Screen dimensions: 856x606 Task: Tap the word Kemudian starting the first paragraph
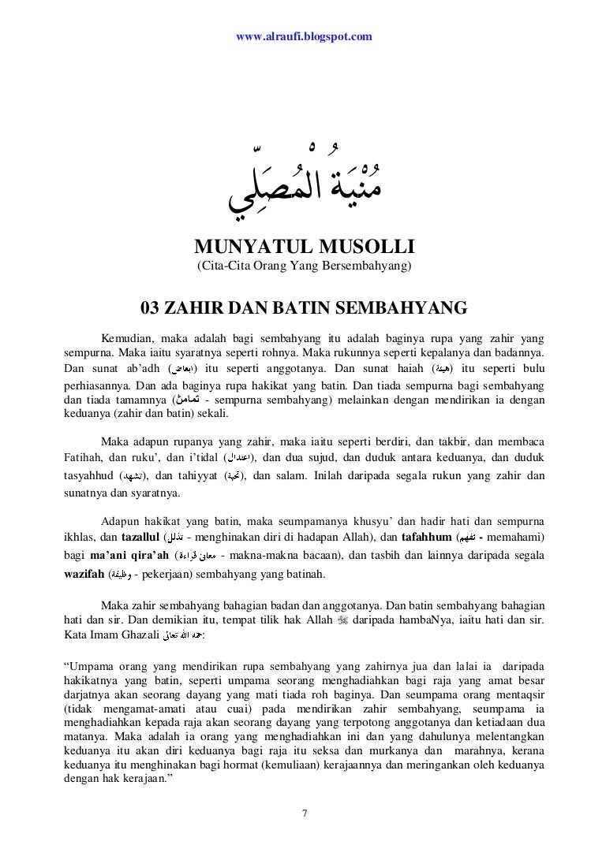125,339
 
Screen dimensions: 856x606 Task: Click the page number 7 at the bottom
304,812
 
